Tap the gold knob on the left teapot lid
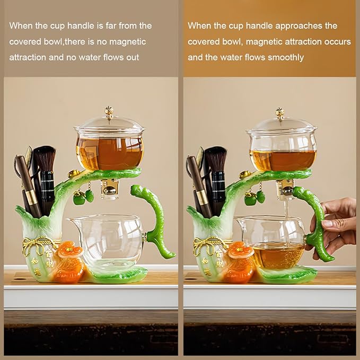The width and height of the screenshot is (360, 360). (x=109, y=111)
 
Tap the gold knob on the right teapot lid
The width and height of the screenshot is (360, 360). (x=279, y=113)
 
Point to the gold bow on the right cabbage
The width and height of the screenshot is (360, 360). (x=208, y=245)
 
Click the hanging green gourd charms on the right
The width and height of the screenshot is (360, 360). (x=255, y=197)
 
